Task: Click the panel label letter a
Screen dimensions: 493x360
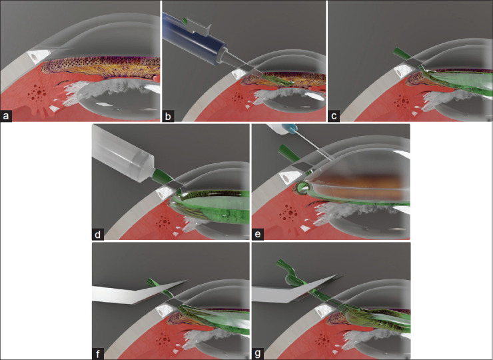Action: tap(5, 117)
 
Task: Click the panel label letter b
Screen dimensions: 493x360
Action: tap(168, 117)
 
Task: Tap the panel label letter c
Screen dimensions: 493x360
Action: tap(334, 117)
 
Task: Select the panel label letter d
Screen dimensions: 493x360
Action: tap(97, 235)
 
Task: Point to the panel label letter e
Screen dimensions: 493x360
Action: tap(258, 235)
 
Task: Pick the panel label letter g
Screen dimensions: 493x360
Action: tap(258, 354)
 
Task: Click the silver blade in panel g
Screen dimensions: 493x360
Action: tap(296, 289)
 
